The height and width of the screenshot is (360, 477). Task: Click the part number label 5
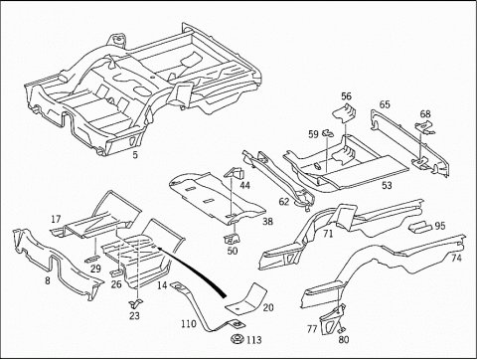click(135, 154)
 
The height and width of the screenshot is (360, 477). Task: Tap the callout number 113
click(254, 340)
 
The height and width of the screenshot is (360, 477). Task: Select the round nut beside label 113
click(238, 339)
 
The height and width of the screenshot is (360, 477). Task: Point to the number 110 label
click(189, 323)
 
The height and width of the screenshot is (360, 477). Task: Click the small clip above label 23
click(135, 301)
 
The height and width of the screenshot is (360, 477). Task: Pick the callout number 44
click(244, 185)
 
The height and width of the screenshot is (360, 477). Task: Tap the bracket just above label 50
click(232, 239)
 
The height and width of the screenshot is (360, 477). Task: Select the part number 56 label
click(346, 96)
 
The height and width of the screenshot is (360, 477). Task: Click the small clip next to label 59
click(328, 132)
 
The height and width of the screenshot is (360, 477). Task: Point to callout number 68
click(425, 113)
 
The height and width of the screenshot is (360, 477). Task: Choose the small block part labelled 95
click(420, 228)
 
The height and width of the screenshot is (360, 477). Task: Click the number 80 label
click(344, 340)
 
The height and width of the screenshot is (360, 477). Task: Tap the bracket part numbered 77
click(330, 320)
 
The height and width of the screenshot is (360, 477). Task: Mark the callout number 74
click(456, 258)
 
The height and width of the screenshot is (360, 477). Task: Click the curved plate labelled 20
click(246, 298)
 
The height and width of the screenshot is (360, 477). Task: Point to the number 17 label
click(56, 219)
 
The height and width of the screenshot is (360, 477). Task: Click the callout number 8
click(48, 280)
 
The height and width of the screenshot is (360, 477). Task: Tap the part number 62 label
click(284, 201)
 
